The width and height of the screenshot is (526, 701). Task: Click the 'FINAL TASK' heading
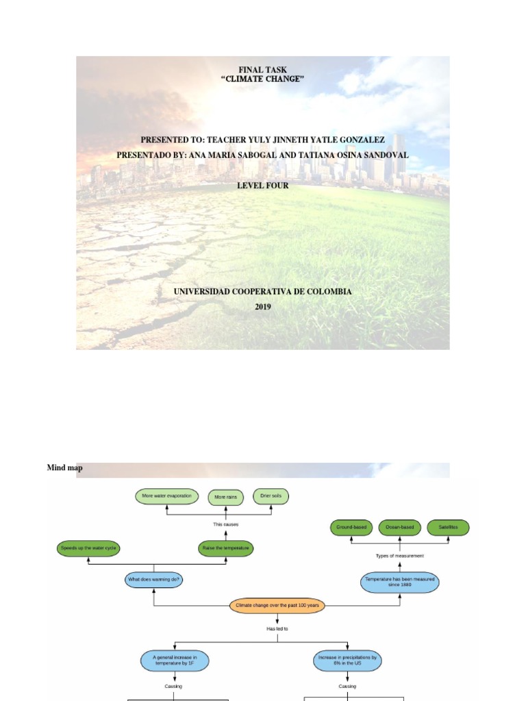(x=262, y=70)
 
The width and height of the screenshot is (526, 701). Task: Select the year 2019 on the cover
(x=263, y=307)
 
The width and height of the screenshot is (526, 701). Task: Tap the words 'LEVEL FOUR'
(x=263, y=186)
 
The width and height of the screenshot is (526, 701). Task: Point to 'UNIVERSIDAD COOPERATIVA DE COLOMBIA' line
(x=263, y=292)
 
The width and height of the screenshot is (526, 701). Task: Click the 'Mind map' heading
(x=64, y=468)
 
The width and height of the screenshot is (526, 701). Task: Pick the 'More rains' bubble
(x=226, y=497)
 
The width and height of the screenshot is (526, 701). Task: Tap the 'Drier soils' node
(x=271, y=496)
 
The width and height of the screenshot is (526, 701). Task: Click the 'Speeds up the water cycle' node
(x=88, y=548)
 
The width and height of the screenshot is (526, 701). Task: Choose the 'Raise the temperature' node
(x=226, y=548)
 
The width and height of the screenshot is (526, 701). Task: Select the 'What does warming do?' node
(x=154, y=580)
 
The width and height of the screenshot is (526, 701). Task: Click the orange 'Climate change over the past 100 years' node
(x=277, y=606)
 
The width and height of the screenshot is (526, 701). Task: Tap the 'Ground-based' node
(x=351, y=527)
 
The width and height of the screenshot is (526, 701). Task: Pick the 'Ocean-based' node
(x=399, y=527)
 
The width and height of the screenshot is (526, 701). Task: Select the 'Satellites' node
(x=448, y=527)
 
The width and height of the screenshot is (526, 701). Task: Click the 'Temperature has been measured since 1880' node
(x=399, y=583)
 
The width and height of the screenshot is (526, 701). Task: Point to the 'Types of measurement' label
(x=400, y=556)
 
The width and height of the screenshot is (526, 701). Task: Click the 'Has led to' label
(x=277, y=628)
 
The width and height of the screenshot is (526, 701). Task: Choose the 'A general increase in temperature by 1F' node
(x=175, y=661)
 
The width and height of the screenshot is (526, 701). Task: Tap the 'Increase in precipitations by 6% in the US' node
(x=348, y=661)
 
